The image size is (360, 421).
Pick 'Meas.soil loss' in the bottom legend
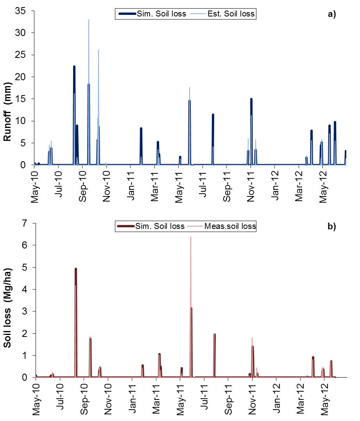234,226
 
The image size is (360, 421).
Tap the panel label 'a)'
332,14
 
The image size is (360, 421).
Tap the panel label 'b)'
332,227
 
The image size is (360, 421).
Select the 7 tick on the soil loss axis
28,223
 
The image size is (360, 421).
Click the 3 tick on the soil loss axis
28,311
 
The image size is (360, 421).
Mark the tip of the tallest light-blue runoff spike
89,20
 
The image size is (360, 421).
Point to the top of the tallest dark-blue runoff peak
74,67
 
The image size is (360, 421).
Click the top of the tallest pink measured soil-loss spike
190,237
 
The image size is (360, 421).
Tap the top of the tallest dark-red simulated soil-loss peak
75,269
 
